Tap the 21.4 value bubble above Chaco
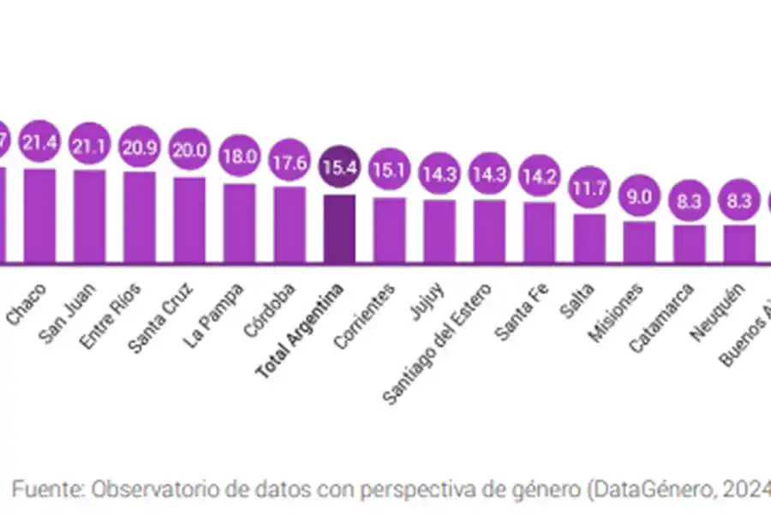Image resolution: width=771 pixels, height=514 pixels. (x=39, y=143)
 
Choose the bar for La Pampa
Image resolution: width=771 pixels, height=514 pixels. (x=239, y=222)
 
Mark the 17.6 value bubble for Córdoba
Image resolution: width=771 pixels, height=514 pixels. (x=290, y=163)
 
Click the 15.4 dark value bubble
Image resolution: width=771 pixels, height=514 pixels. (x=339, y=167)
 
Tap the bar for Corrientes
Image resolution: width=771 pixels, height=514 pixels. (x=389, y=229)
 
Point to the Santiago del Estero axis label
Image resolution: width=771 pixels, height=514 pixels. (x=437, y=343)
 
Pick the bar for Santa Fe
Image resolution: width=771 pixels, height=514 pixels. (x=540, y=230)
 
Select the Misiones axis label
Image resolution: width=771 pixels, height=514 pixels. (x=615, y=313)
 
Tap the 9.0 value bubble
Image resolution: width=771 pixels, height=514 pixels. (x=639, y=196)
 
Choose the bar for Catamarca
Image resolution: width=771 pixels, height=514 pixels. (x=689, y=242)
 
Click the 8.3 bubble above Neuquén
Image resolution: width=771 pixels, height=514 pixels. (x=739, y=200)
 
